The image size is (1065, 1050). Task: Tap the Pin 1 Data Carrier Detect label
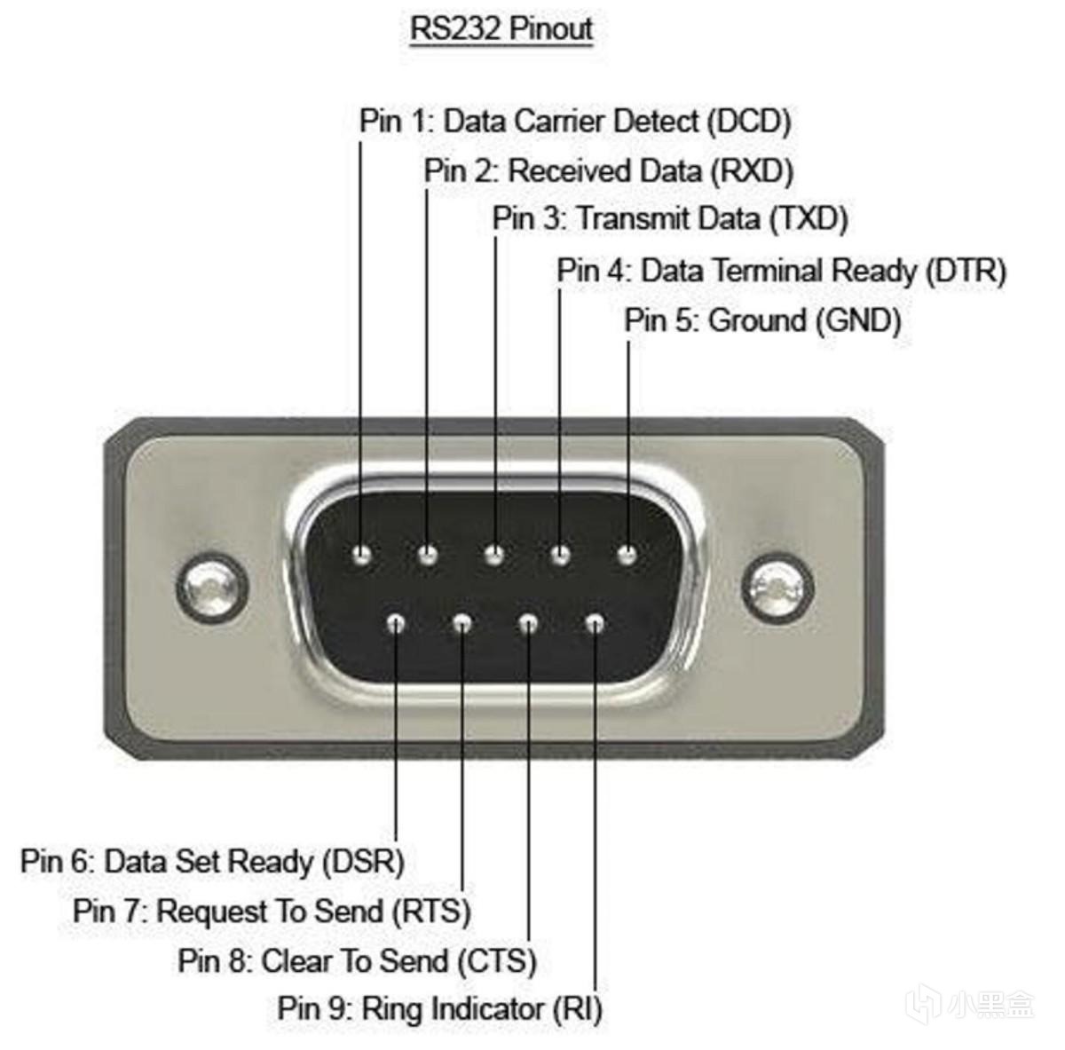coord(574,121)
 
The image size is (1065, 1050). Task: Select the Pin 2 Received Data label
coord(608,170)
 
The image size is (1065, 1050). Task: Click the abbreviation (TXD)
coord(808,218)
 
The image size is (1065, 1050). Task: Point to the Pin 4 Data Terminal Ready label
coord(781,271)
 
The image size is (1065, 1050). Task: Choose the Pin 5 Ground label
coord(762,320)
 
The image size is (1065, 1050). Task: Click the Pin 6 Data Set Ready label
coord(212,861)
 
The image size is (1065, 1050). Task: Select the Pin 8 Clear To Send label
coord(357,960)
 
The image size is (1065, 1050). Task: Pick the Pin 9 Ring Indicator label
coord(439,1009)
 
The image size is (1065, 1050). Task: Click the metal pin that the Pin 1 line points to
coord(361,557)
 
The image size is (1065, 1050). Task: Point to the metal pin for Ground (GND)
coord(627,557)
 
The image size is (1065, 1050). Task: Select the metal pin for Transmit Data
coord(494,557)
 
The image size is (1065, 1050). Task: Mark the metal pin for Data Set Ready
coord(396,624)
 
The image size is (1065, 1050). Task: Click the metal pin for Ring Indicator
coord(595,624)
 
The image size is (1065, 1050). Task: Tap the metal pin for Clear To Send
coord(528,624)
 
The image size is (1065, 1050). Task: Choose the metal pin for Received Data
coord(428,557)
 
